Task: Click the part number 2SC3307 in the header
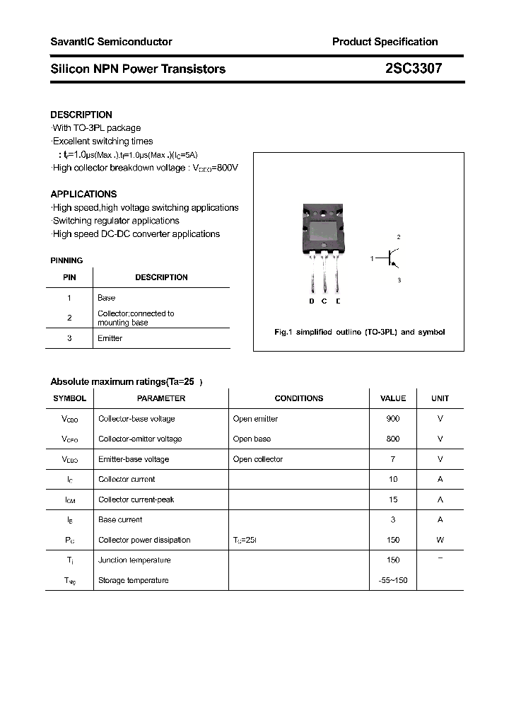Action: point(414,69)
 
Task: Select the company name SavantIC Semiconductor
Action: point(111,42)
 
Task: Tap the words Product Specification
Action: point(385,42)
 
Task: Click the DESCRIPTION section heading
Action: point(81,115)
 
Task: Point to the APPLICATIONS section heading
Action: point(83,194)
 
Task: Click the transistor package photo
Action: point(324,248)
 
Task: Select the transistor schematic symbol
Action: point(390,260)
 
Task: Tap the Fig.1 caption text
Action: point(359,332)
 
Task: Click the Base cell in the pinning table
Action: point(106,298)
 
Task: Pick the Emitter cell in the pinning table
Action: point(110,338)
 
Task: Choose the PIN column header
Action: point(69,277)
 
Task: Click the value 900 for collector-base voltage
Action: point(393,419)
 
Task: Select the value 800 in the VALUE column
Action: point(393,439)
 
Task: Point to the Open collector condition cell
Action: point(257,459)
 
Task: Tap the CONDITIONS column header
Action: point(298,398)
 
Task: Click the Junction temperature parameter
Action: point(134,560)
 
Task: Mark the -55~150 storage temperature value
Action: point(393,580)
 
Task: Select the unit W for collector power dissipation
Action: point(440,540)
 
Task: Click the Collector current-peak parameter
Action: point(136,500)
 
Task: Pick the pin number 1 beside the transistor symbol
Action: point(372,260)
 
